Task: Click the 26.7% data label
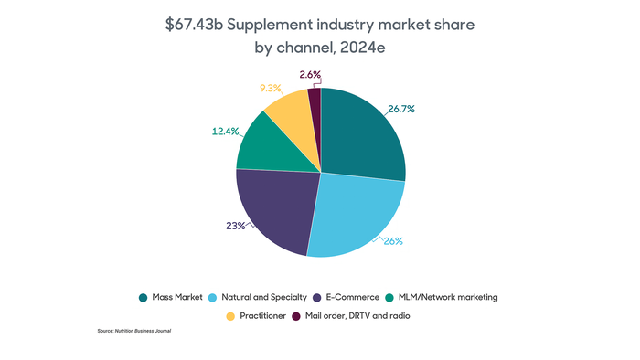coord(401,109)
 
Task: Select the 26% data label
coord(394,242)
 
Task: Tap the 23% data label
coord(235,225)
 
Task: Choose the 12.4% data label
coord(225,132)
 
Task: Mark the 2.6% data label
coord(311,73)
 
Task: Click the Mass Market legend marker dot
coord(144,297)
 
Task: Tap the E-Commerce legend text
coord(351,297)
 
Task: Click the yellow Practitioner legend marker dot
coord(230,315)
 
